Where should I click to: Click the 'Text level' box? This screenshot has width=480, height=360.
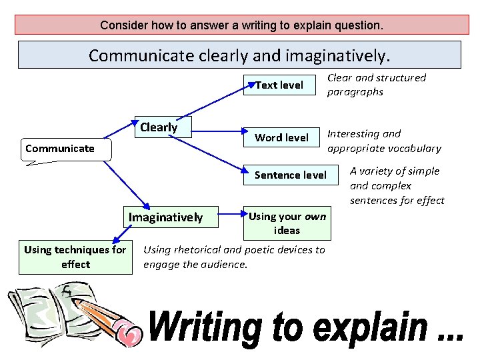tap(279, 85)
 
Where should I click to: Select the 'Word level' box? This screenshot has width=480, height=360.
tap(281, 137)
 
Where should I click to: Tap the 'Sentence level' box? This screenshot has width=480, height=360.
tap(291, 175)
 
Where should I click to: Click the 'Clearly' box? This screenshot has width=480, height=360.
tap(159, 127)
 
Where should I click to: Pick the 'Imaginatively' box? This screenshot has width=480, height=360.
tap(165, 217)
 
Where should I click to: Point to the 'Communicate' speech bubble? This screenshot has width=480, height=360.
tap(60, 148)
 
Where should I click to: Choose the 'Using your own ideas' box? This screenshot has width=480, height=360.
tap(287, 223)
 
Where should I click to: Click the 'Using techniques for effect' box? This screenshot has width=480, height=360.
tap(75, 257)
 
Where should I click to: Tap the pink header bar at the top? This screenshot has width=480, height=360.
tap(241, 25)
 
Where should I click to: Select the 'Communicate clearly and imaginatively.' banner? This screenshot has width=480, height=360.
tap(239, 55)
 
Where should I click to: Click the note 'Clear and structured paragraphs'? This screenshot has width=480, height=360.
tap(376, 85)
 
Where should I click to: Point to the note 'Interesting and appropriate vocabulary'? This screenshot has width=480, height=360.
tap(384, 141)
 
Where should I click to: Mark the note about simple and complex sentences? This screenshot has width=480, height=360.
tap(397, 185)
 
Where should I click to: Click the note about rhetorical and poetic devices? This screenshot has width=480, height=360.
tap(234, 257)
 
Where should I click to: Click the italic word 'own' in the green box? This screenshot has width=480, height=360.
tap(315, 216)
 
